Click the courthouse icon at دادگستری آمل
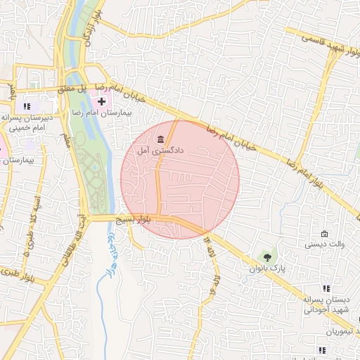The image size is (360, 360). (x=161, y=138)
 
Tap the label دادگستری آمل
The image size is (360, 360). (x=161, y=150)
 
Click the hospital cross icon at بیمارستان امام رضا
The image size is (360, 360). (x=102, y=102)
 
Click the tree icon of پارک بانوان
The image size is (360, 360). (x=266, y=256)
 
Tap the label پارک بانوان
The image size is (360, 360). (x=266, y=269)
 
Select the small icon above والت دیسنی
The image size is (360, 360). (x=324, y=234)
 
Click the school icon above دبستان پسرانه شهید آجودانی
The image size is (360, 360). (x=325, y=288)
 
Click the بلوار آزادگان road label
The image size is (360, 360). (x=91, y=28)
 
